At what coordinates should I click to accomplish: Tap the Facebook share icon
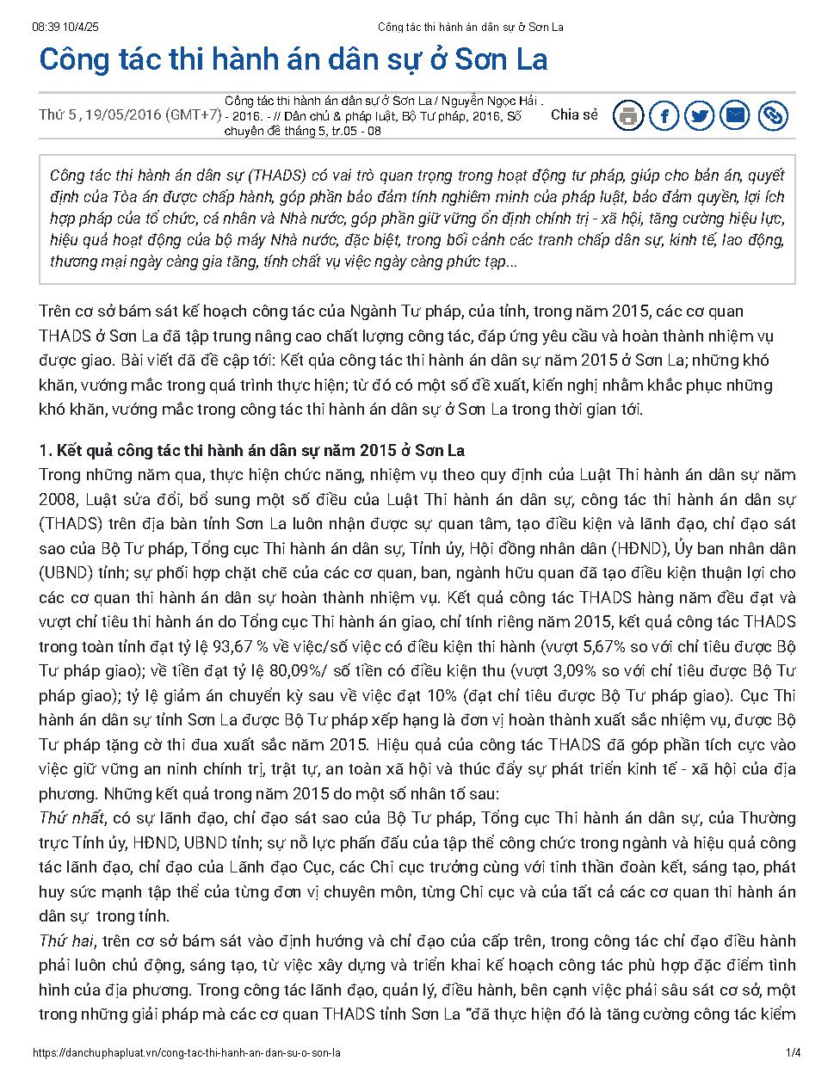(x=664, y=115)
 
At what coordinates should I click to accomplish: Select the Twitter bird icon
(x=700, y=115)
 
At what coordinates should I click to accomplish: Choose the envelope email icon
(x=736, y=115)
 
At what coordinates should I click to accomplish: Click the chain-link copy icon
(x=772, y=115)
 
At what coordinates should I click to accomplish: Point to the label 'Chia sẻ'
(x=574, y=114)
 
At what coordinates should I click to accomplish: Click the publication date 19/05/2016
(x=122, y=115)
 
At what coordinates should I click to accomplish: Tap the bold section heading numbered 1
(x=252, y=451)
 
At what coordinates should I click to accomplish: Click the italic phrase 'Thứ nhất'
(x=71, y=817)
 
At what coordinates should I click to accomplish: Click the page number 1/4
(x=794, y=1052)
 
